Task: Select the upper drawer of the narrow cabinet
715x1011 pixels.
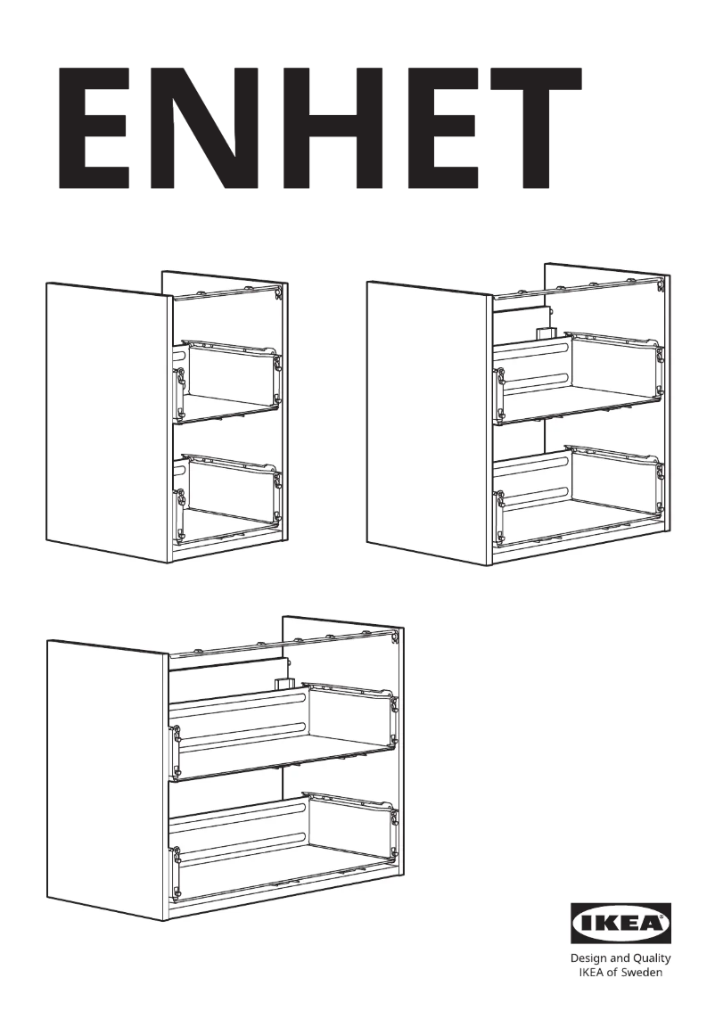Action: (x=228, y=379)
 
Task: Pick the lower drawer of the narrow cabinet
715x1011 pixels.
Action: (x=228, y=495)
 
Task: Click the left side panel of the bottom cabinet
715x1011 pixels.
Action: (x=107, y=776)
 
